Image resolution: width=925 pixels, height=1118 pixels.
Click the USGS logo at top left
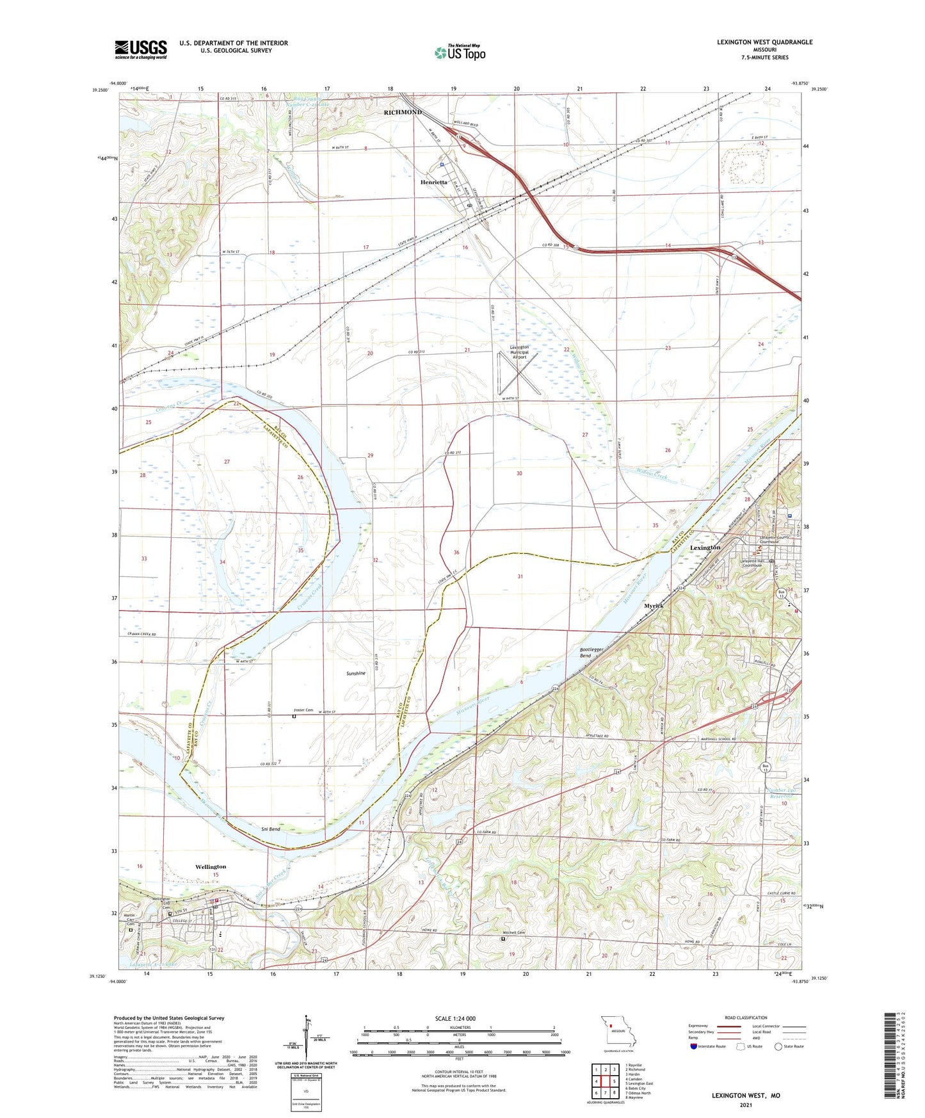tap(141, 49)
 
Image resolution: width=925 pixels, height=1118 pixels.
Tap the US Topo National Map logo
tap(460, 52)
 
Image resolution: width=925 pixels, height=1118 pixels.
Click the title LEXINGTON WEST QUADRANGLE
tap(764, 42)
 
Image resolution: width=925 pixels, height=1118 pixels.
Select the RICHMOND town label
tap(403, 112)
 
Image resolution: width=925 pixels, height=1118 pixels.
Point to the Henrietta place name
tap(434, 182)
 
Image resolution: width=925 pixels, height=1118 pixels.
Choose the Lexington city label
tap(705, 547)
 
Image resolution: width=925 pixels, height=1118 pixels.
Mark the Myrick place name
tap(654, 605)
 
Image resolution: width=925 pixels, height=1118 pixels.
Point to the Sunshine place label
tap(356, 673)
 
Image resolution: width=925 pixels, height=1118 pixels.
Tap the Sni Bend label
tap(271, 829)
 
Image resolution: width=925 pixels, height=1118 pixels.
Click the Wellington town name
tap(211, 866)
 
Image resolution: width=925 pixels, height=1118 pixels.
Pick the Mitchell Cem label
tap(513, 932)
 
